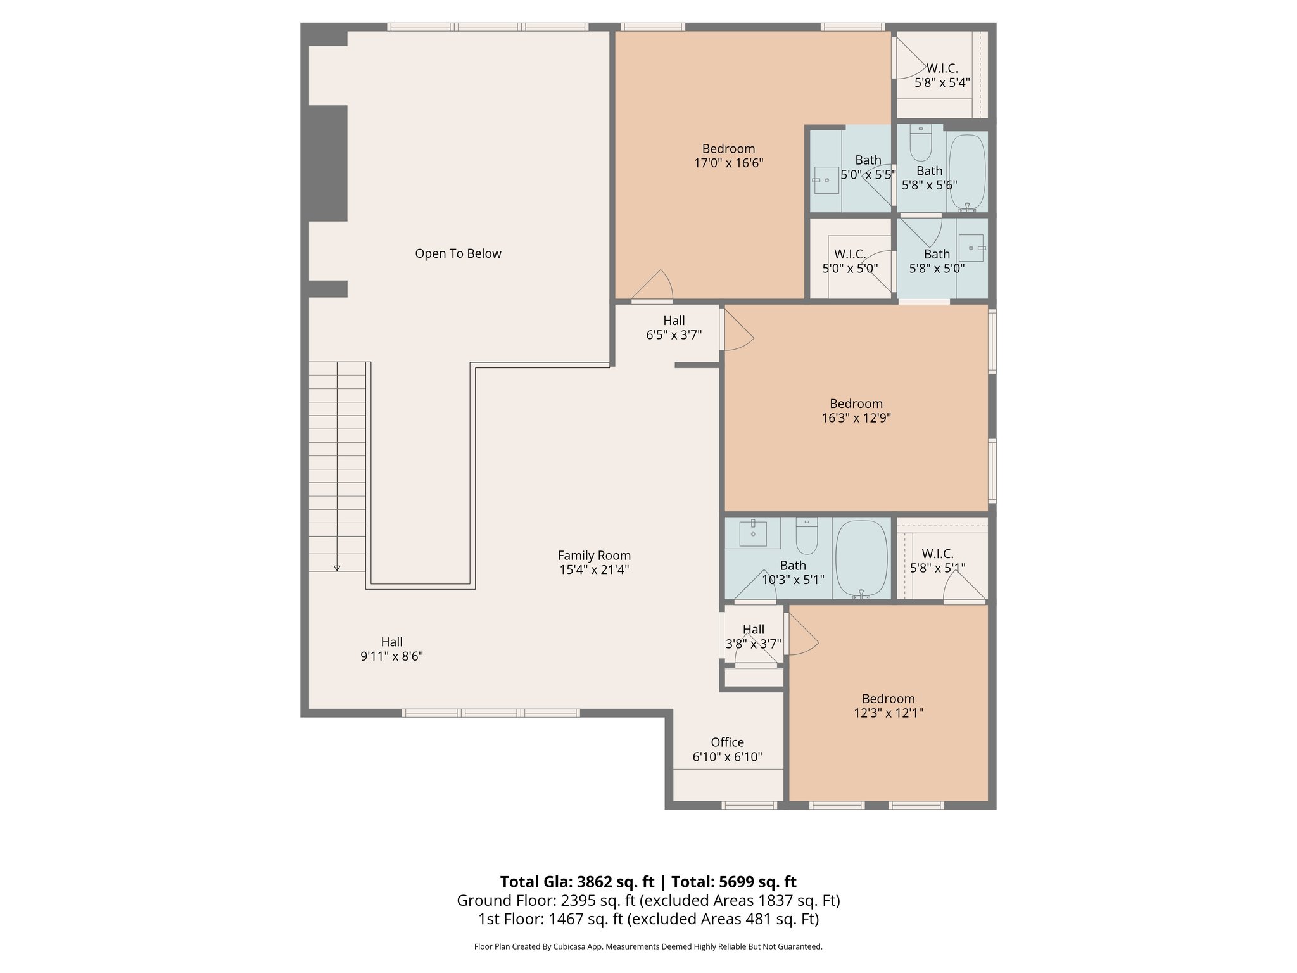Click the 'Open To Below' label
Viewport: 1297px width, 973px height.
(458, 253)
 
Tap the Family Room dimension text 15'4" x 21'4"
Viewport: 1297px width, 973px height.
(594, 569)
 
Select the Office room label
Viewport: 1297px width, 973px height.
(727, 742)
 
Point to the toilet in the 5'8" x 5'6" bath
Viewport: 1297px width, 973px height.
(920, 144)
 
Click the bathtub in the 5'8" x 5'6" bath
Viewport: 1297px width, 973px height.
(966, 172)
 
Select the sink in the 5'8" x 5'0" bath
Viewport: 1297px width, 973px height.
(971, 248)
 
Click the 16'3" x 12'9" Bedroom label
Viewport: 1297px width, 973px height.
(856, 404)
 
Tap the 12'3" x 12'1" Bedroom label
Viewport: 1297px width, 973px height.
(888, 699)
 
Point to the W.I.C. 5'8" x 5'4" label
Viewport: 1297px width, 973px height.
(942, 75)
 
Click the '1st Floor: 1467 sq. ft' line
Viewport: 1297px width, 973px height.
(648, 919)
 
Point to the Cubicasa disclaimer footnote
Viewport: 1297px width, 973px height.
(648, 946)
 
